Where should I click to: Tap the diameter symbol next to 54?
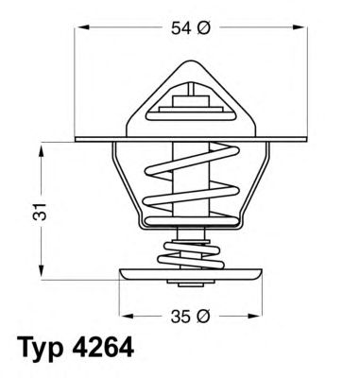[x=202, y=30]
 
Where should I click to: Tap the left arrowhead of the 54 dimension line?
[x=80, y=31]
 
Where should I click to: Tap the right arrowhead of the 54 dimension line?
[x=305, y=31]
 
